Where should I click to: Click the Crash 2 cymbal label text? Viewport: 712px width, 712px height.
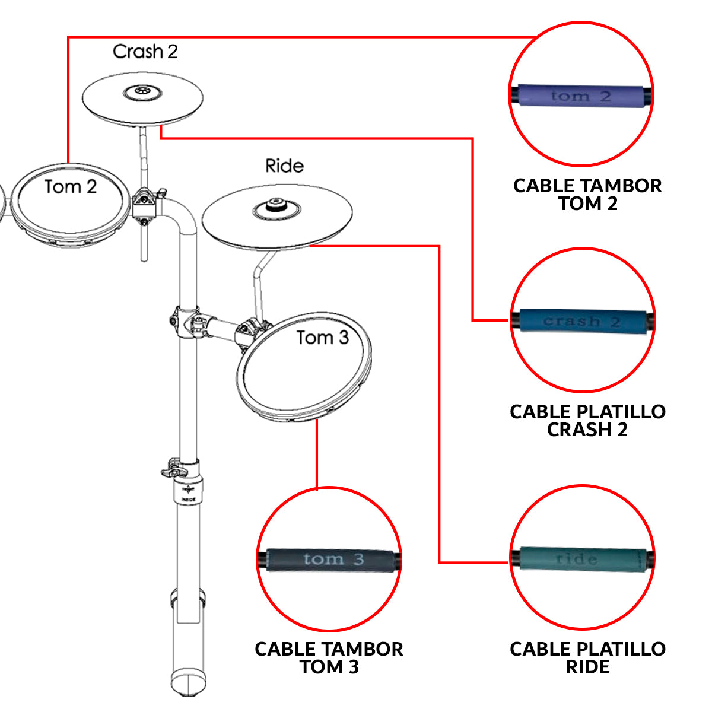click(145, 52)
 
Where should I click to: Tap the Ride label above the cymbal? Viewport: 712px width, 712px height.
click(284, 166)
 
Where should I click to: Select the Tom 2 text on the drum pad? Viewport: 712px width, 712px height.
click(70, 187)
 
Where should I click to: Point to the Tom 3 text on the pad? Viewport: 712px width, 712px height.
click(322, 338)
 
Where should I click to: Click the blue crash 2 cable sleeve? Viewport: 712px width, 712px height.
click(581, 322)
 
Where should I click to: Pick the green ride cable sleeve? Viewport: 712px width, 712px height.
click(581, 559)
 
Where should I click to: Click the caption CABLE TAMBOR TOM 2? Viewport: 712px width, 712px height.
click(587, 195)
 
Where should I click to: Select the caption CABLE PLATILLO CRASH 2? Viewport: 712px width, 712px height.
click(587, 420)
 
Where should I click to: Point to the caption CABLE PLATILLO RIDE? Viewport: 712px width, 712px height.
click(587, 657)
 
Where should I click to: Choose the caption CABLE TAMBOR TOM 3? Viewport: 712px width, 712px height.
click(329, 657)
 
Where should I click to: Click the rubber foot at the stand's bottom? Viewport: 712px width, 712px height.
click(188, 682)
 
